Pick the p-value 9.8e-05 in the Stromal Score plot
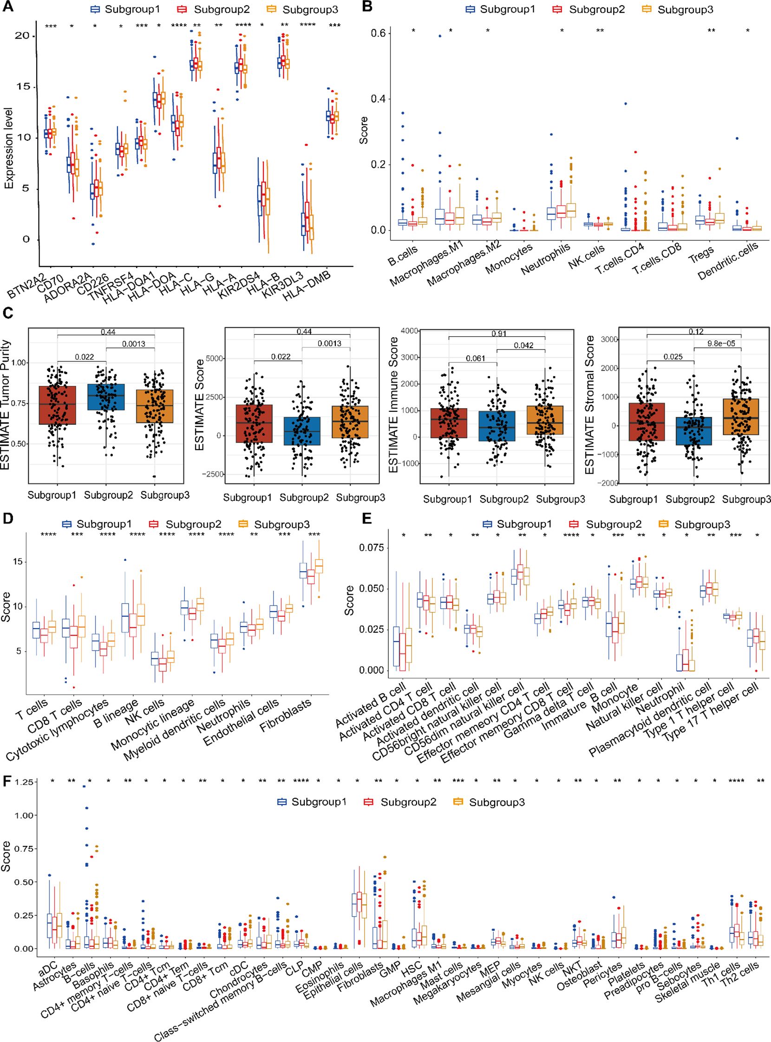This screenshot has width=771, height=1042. click(x=721, y=344)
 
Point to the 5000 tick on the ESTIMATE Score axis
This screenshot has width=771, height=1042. click(x=214, y=358)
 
